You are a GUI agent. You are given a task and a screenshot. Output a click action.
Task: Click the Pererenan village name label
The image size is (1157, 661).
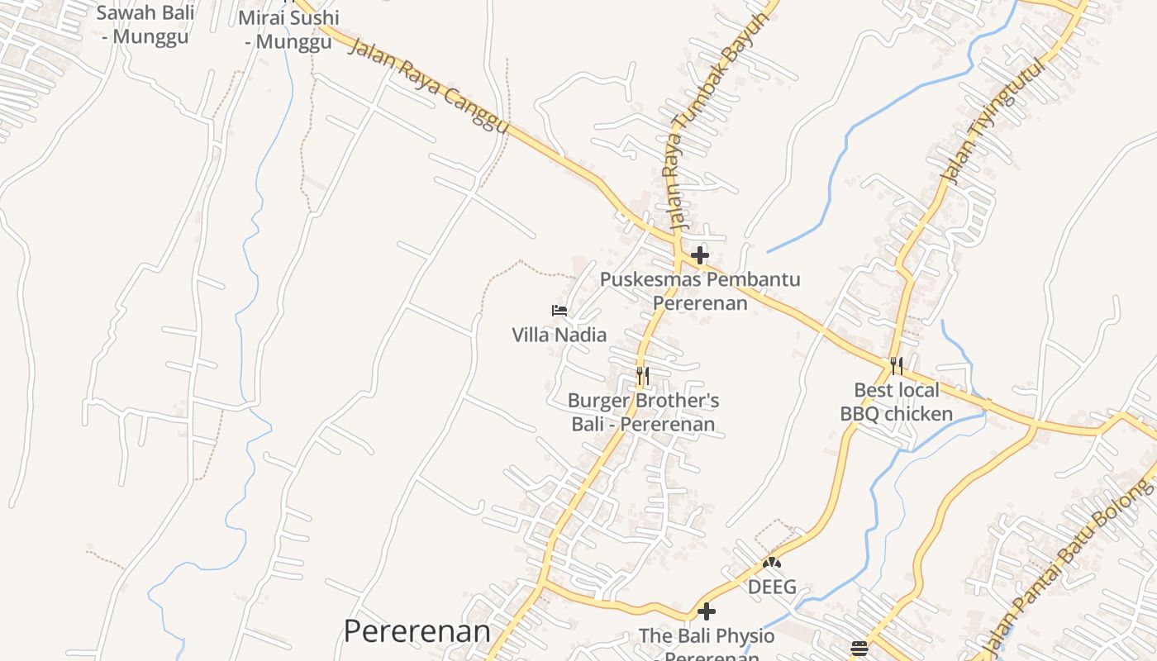click(x=417, y=632)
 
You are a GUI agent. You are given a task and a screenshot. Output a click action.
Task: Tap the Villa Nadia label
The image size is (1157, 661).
click(x=559, y=335)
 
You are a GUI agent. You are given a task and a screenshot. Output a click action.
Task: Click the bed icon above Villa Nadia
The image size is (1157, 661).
click(x=559, y=311)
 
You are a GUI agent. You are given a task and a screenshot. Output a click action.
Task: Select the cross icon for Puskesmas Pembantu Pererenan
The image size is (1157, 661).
click(x=700, y=254)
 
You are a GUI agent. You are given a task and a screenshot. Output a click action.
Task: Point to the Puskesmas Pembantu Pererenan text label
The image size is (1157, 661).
click(x=700, y=291)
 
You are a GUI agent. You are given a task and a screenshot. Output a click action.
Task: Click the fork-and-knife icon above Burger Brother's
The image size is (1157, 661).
click(x=643, y=376)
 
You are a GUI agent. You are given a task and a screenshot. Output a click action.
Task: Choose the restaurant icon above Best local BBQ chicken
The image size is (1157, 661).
click(x=896, y=365)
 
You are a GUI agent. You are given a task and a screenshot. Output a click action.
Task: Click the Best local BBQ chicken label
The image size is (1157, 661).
click(x=897, y=402)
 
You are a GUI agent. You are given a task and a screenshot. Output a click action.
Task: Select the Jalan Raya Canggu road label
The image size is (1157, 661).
click(x=428, y=84)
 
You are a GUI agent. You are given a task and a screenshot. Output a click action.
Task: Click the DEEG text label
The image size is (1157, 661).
click(x=772, y=587)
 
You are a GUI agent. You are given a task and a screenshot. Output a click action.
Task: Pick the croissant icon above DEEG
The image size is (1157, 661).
click(x=772, y=564)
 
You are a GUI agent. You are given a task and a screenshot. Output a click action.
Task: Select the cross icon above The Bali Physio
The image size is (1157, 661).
click(x=707, y=611)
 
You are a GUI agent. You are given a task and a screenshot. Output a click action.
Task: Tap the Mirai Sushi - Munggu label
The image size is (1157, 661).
click(x=288, y=29)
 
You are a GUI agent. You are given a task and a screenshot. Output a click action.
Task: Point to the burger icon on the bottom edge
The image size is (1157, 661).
click(x=859, y=648)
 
